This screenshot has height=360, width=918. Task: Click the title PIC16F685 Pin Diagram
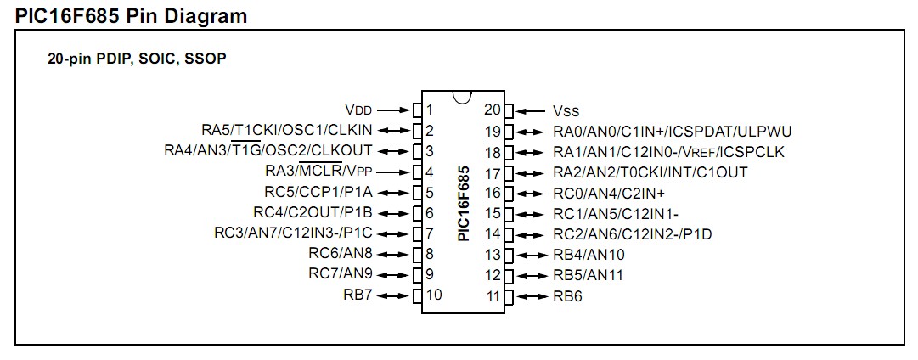coord(132,14)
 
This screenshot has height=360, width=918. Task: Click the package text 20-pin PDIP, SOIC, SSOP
coord(137,60)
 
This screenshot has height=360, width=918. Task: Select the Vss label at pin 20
coord(566,110)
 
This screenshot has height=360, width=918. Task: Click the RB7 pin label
coord(358,295)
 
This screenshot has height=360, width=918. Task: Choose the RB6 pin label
coord(568,296)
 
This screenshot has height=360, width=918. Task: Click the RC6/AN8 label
coord(341,254)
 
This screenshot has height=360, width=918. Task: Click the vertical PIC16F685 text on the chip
coord(463,204)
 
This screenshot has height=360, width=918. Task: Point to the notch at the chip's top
coord(462,96)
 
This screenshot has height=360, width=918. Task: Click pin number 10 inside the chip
coord(434,295)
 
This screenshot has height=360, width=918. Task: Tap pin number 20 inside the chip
coord(493,110)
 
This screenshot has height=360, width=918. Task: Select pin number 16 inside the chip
coord(493,193)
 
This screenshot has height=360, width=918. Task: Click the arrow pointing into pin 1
coord(393,110)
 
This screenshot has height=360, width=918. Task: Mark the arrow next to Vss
coord(531,110)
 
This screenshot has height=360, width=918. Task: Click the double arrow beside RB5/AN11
coord(532,275)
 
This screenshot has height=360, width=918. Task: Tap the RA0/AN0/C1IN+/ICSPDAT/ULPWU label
coord(673,131)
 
